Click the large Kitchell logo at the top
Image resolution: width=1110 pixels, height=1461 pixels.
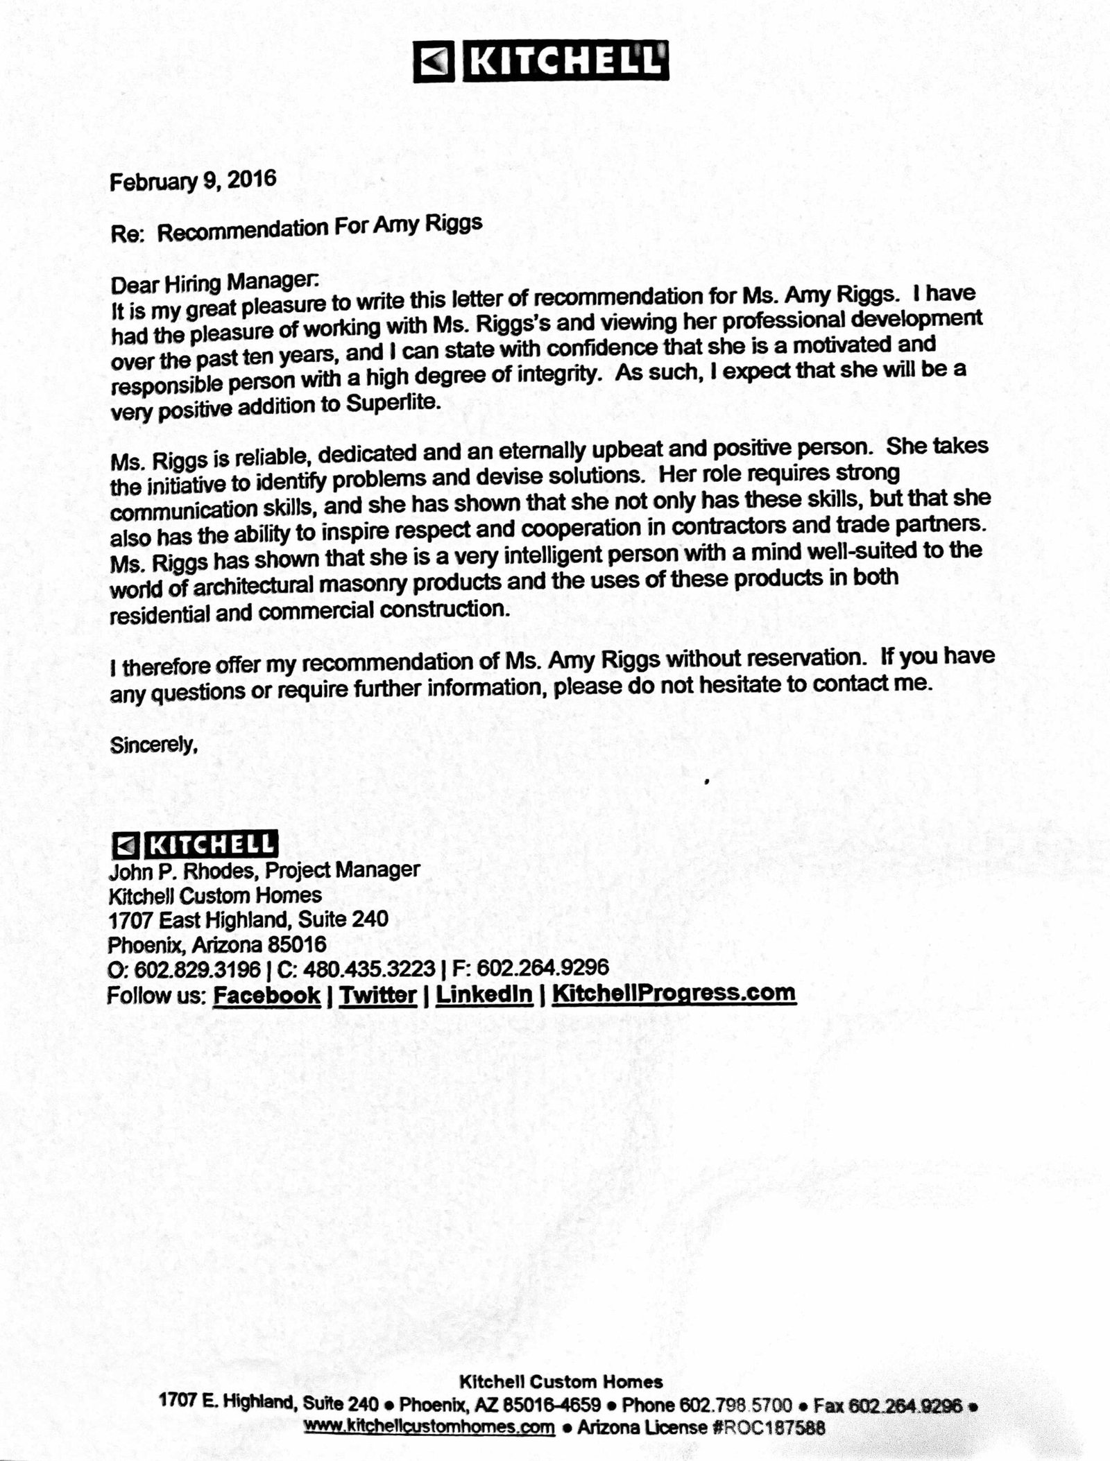click(541, 62)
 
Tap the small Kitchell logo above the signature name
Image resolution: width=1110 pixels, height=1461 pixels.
click(194, 844)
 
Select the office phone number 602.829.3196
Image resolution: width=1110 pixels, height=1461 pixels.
click(198, 968)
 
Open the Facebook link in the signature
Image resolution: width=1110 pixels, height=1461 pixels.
click(267, 995)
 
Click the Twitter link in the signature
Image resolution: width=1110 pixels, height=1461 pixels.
click(378, 995)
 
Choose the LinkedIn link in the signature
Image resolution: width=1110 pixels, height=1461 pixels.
click(484, 994)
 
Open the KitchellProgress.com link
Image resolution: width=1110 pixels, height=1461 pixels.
click(674, 993)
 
